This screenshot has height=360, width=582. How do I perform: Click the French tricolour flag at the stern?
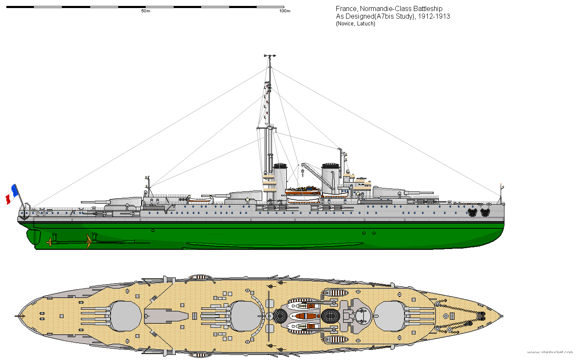(x=12, y=194)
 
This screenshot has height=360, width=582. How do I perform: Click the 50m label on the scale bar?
(x=146, y=11)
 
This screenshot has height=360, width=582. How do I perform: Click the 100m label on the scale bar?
(x=285, y=11)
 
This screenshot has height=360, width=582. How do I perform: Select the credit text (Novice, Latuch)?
(x=355, y=24)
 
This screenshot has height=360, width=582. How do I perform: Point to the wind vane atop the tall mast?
(x=269, y=55)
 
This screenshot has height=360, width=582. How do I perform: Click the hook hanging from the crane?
(x=302, y=172)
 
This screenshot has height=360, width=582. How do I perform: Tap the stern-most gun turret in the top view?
(x=125, y=316)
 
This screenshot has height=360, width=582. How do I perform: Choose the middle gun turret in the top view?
(x=245, y=316)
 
